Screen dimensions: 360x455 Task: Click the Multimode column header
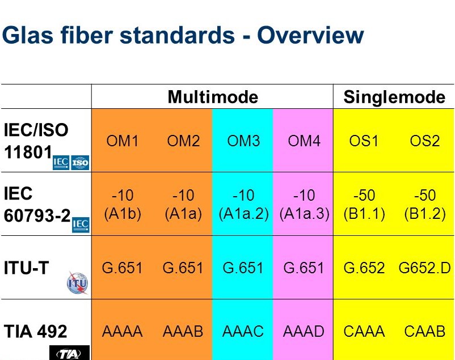pyautogui.click(x=212, y=97)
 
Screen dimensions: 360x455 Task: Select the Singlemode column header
pyautogui.click(x=394, y=97)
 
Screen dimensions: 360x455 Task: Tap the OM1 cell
pyautogui.click(x=122, y=141)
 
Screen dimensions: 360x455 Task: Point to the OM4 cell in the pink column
pyautogui.click(x=304, y=141)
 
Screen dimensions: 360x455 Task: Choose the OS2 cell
pyautogui.click(x=424, y=141)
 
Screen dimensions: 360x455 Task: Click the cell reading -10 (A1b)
pyautogui.click(x=122, y=205)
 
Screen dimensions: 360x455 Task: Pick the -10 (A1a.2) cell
pyautogui.click(x=243, y=205)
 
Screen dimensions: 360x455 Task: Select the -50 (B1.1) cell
pyautogui.click(x=364, y=205)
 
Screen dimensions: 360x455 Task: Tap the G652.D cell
pyautogui.click(x=424, y=268)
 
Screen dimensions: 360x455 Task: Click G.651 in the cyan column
pyautogui.click(x=243, y=268)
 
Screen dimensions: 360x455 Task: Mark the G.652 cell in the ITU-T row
pyautogui.click(x=364, y=268)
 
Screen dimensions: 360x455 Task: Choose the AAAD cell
pyautogui.click(x=304, y=331)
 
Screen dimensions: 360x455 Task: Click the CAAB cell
pyautogui.click(x=424, y=331)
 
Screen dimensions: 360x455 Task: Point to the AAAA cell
pyautogui.click(x=122, y=331)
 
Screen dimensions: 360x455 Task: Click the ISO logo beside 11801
pyautogui.click(x=81, y=163)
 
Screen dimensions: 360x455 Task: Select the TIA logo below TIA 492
pyautogui.click(x=69, y=354)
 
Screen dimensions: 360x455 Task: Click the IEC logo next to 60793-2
pyautogui.click(x=81, y=225)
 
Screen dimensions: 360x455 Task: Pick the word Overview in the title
pyautogui.click(x=310, y=35)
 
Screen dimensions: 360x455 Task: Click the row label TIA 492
pyautogui.click(x=35, y=331)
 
